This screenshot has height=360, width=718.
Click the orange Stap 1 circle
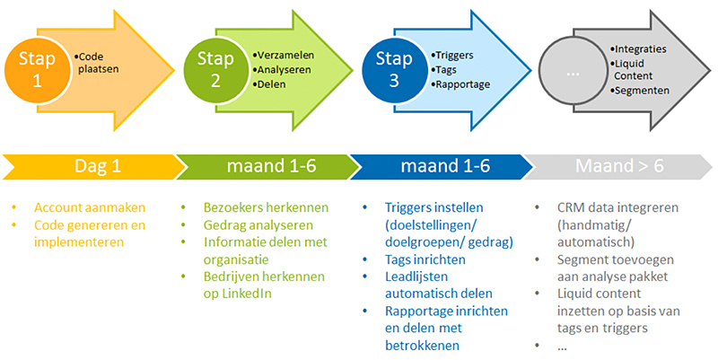click(37, 71)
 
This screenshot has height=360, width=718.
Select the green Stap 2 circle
click(215, 71)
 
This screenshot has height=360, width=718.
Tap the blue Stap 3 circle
click(394, 71)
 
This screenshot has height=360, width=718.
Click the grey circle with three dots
click(573, 74)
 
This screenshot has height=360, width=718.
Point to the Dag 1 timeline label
click(98, 166)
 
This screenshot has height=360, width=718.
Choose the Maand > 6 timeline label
click(619, 166)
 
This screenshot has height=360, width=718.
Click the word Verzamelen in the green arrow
click(285, 56)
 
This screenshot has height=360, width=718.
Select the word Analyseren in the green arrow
click(284, 70)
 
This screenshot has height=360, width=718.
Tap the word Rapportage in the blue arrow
click(463, 84)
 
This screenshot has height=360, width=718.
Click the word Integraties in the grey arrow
click(641, 49)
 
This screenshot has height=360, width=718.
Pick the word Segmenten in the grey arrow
click(642, 91)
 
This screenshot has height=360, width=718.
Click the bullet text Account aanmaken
click(90, 207)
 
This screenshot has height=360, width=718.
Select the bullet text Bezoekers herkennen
click(266, 207)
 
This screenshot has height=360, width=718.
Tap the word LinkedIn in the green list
click(247, 294)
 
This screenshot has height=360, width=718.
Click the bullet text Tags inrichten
click(425, 259)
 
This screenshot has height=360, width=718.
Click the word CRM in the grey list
click(571, 207)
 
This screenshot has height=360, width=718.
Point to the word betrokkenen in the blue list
click(422, 346)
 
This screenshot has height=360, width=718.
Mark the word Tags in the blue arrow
click(446, 70)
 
